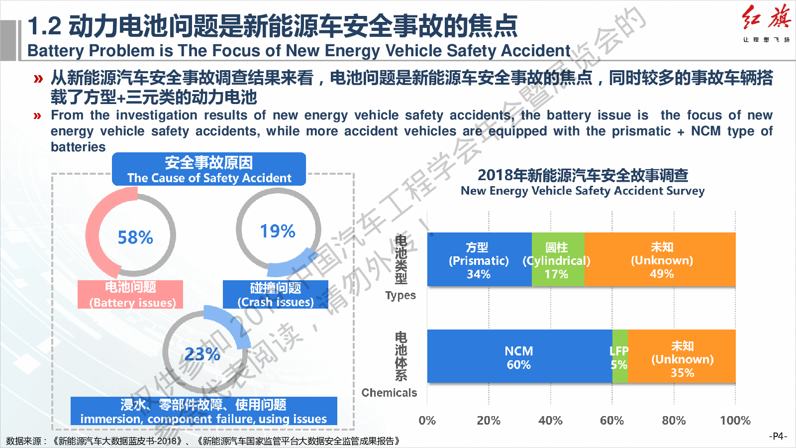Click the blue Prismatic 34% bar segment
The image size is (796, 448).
479,259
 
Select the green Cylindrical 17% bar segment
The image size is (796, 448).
558,259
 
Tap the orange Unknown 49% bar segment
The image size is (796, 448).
661,259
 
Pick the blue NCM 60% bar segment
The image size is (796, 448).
519,356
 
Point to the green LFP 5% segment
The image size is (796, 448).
620,356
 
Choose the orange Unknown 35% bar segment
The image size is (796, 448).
682,356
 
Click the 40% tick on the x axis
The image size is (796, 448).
550,421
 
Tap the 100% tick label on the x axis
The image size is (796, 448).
735,421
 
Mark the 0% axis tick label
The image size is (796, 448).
427,421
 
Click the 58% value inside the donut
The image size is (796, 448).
135,237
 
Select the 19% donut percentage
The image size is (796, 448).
278,231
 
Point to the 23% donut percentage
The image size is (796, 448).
202,354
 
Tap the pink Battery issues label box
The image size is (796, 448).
130,294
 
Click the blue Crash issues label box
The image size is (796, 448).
276,294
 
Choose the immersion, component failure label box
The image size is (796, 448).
204,411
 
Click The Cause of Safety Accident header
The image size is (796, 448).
209,169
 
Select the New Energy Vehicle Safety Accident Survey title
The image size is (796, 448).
583,183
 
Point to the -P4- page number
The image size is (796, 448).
778,436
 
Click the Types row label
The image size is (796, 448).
400,295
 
